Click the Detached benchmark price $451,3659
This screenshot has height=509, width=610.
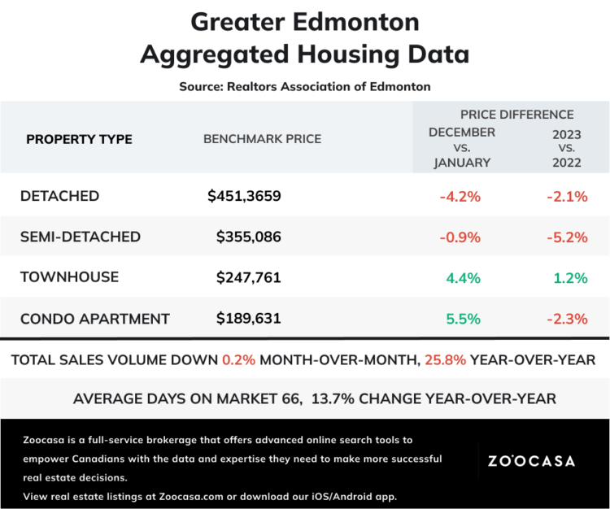[244, 196]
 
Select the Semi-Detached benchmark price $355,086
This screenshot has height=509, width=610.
[248, 237]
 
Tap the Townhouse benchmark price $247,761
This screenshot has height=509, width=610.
[248, 277]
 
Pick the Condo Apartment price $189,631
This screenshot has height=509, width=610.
[248, 318]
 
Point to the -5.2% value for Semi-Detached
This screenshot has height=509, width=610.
[566, 237]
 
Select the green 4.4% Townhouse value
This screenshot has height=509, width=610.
[463, 277]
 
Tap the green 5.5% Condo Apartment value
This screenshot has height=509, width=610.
[463, 318]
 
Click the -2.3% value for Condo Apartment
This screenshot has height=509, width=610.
[566, 318]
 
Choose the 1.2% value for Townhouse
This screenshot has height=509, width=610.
[569, 277]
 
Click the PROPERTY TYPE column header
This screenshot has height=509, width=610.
[79, 139]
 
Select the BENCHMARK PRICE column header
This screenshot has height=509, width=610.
[262, 139]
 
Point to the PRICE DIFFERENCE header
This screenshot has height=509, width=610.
[516, 115]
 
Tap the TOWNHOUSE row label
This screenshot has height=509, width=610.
[69, 277]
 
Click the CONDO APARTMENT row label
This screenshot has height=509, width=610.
[94, 318]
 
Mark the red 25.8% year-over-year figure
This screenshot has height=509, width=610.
[443, 359]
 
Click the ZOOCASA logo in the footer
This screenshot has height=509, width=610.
[531, 461]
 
